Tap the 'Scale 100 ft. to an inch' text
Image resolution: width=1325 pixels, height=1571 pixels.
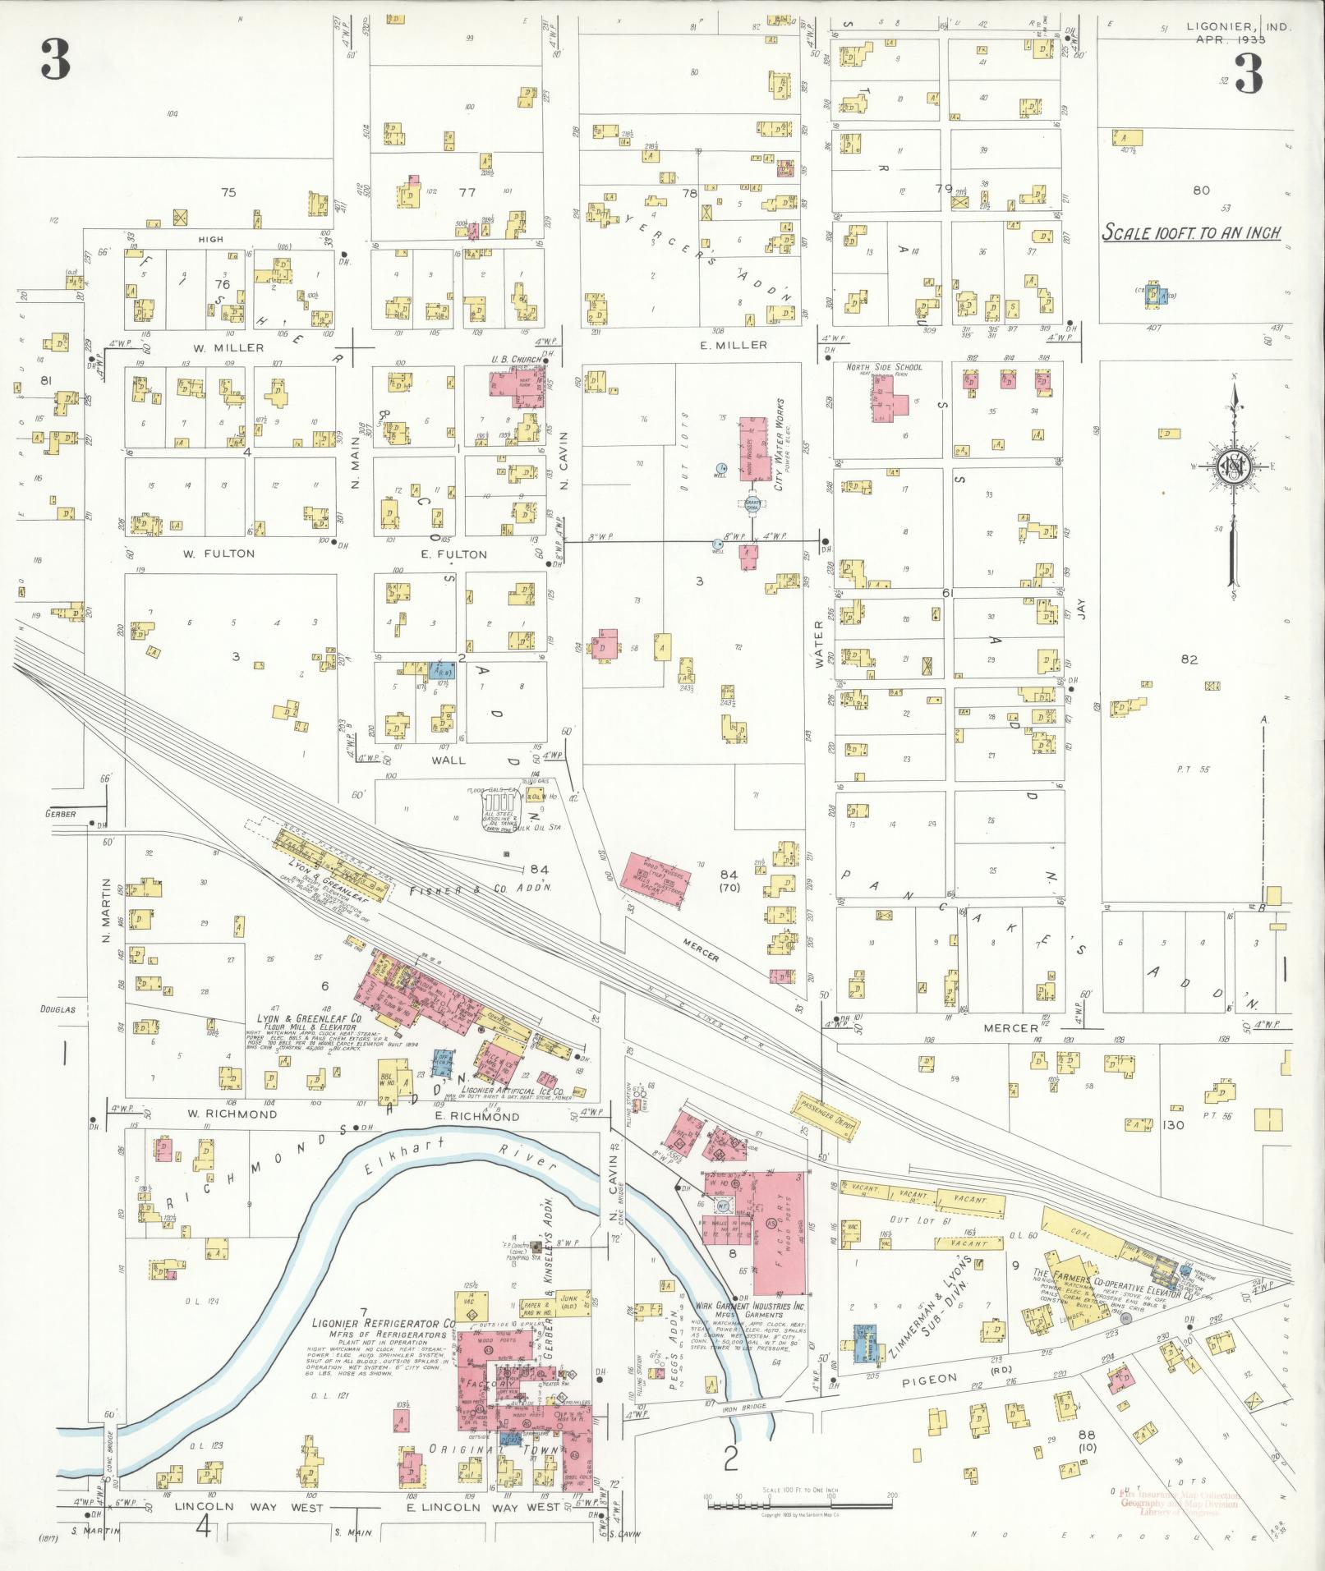point(1191,232)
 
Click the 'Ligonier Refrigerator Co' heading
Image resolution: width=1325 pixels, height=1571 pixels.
point(384,1324)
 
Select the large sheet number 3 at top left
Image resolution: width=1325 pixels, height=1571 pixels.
point(55,60)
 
